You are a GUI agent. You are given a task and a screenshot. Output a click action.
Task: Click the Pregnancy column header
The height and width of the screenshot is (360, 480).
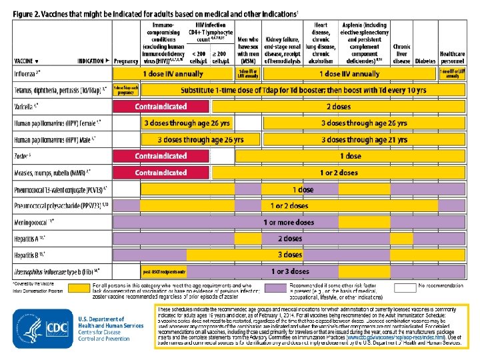tap(126, 61)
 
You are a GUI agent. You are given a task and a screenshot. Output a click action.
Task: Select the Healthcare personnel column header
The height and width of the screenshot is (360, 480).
tap(451, 57)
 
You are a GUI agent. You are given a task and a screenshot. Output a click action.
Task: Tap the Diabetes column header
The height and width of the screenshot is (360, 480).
tap(424, 61)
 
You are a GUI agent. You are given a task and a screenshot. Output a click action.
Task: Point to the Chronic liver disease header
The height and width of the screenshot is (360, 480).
tap(401, 54)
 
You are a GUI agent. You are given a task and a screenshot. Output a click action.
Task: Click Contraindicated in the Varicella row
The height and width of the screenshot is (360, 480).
tap(161, 107)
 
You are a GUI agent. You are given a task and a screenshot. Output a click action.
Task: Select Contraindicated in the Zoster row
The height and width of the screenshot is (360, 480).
tap(161, 156)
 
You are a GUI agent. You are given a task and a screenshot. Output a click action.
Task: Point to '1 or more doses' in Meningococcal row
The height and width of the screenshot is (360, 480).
tap(288, 222)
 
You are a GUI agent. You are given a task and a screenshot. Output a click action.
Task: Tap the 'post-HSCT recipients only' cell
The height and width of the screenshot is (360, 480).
tap(164, 272)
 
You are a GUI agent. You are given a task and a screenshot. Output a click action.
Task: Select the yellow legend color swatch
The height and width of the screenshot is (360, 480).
tap(81, 287)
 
